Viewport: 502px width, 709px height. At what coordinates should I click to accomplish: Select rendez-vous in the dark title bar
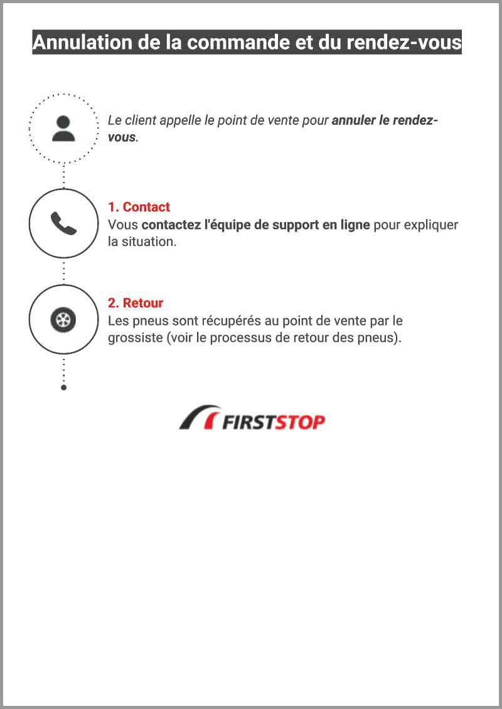pos(404,42)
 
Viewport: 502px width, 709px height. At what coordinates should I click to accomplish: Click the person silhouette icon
pos(63,129)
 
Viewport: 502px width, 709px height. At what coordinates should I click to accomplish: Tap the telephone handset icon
pos(63,223)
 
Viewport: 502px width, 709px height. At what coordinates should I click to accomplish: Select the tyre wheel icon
pos(63,320)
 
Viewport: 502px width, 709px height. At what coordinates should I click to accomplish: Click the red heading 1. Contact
pos(139,207)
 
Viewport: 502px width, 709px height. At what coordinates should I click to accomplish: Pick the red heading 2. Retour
pos(135,303)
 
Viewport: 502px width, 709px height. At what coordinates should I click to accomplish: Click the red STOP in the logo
pos(300,422)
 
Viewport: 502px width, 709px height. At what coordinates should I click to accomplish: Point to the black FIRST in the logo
pos(248,422)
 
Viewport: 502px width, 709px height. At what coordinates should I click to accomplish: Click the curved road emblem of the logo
pos(200,417)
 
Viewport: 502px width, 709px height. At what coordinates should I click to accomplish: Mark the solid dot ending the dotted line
pos(64,388)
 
